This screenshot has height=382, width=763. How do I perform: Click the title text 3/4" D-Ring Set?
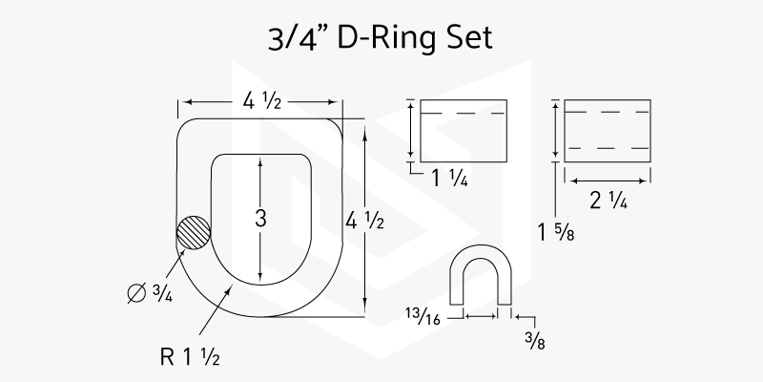click(380, 38)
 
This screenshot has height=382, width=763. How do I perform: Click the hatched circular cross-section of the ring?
click(194, 233)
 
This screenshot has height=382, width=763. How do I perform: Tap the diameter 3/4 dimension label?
click(150, 293)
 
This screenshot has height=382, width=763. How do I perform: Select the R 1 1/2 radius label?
click(190, 357)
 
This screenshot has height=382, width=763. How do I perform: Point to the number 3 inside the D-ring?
click(260, 219)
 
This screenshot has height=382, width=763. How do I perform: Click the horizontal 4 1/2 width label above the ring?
click(261, 101)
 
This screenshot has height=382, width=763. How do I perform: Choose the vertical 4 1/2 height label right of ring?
click(364, 222)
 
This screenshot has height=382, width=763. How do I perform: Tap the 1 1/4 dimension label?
click(449, 179)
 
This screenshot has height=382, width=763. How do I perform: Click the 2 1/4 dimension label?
click(608, 201)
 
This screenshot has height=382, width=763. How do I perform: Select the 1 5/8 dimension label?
click(556, 232)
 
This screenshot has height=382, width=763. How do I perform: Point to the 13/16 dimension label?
click(423, 316)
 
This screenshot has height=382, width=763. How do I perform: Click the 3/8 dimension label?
click(535, 341)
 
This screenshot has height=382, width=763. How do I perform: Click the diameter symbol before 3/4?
click(136, 293)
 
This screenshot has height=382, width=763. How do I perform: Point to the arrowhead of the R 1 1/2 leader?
click(230, 289)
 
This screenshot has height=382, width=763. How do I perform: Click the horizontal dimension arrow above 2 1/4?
click(608, 180)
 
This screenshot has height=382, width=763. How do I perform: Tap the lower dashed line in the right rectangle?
click(608, 148)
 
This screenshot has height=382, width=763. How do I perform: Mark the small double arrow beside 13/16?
click(481, 317)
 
